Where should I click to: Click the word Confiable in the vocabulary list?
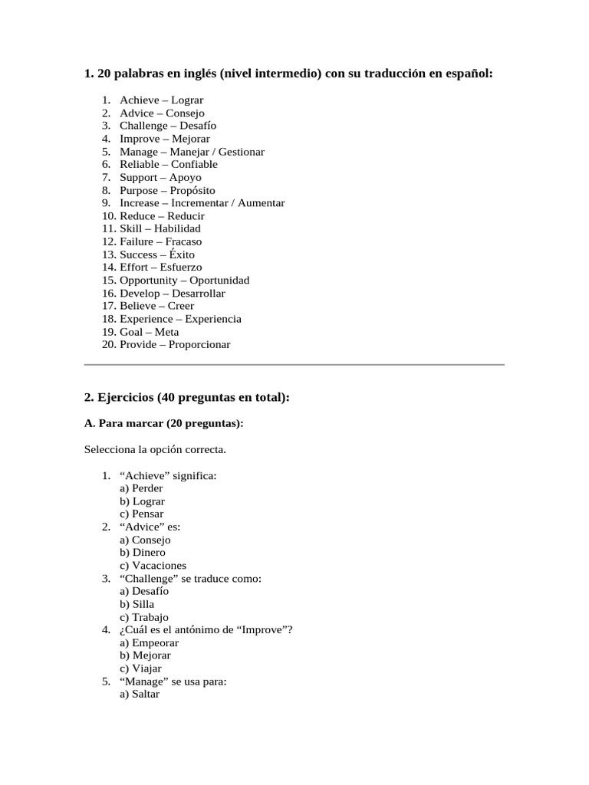click(x=194, y=164)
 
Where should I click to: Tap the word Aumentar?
click(x=261, y=203)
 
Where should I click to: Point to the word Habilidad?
click(x=177, y=228)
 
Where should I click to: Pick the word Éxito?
click(x=177, y=255)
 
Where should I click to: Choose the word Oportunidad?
click(x=219, y=281)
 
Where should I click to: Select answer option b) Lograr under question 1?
click(x=142, y=501)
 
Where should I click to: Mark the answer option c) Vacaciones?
click(x=153, y=566)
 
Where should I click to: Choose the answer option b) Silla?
click(x=137, y=604)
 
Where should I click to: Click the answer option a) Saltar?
click(x=140, y=694)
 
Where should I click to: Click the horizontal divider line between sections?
click(x=294, y=365)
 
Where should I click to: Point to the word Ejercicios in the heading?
click(x=124, y=397)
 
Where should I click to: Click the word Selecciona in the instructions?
click(x=110, y=449)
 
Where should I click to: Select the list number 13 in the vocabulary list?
click(x=108, y=255)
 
